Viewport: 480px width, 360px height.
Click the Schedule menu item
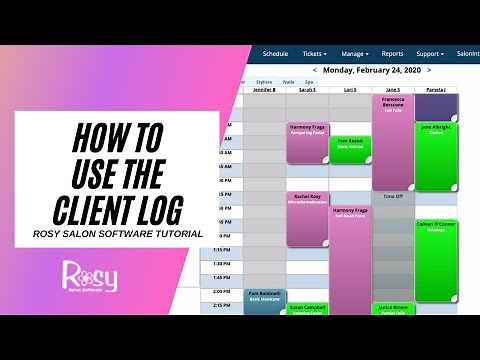(275, 53)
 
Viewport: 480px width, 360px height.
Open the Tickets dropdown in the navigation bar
(313, 53)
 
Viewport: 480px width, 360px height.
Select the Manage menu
(355, 53)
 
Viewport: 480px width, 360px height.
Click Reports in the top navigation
(392, 53)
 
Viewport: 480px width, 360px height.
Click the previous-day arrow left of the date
(315, 70)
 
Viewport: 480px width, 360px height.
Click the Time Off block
(392, 198)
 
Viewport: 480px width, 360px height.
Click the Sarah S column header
(307, 90)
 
